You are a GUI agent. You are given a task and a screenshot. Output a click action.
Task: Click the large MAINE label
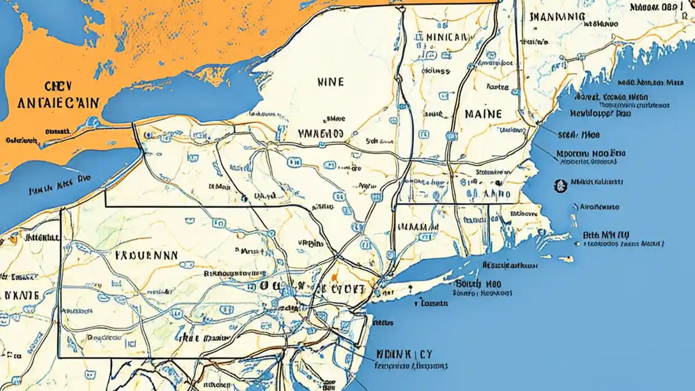pyautogui.click(x=483, y=115)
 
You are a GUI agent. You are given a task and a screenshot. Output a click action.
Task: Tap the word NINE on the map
pyautogui.click(x=330, y=82)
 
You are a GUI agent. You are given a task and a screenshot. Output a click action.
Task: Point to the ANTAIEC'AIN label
pyautogui.click(x=58, y=103)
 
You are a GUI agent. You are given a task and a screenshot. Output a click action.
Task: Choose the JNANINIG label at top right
pyautogui.click(x=557, y=17)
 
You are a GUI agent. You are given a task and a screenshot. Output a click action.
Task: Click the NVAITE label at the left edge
pyautogui.click(x=22, y=295)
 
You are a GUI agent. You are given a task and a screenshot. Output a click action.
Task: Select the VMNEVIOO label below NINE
pyautogui.click(x=320, y=133)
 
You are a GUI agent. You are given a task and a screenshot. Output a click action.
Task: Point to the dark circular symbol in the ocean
pyautogui.click(x=560, y=186)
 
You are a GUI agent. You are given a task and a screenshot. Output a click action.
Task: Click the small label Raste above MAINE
pyautogui.click(x=497, y=86)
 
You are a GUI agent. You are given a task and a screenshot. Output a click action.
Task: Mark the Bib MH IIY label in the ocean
pyautogui.click(x=606, y=235)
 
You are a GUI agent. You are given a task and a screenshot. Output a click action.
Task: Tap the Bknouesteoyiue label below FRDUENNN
pyautogui.click(x=235, y=274)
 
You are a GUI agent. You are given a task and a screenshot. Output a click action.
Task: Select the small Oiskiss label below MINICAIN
pyautogui.click(x=435, y=71)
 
